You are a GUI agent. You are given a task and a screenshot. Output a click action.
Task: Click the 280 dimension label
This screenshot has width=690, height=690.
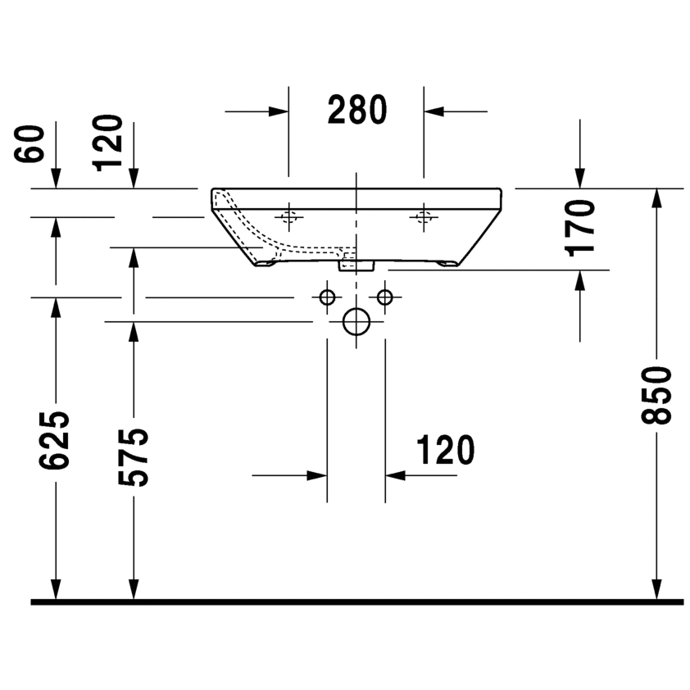356,110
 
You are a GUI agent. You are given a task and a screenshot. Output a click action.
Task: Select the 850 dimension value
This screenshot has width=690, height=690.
656,396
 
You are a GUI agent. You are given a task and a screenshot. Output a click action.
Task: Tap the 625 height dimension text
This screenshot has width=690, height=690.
55,440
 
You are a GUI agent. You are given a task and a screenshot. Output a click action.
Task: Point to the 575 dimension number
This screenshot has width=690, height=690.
134,457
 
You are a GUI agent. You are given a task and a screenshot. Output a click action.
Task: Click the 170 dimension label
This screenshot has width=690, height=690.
579,228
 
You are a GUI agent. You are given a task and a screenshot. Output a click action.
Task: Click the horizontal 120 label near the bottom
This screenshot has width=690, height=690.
445,450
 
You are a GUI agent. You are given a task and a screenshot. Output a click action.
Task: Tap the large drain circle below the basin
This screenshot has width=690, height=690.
356,322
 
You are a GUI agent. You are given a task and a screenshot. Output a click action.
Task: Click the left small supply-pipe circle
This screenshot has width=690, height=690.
327,297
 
